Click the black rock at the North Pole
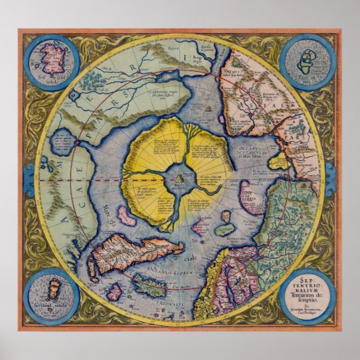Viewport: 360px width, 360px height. (x=179, y=178)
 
